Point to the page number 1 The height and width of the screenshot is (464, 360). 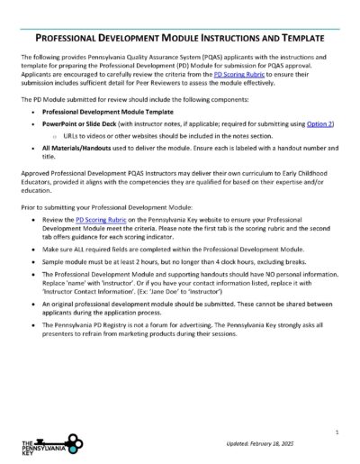click(x=336, y=432)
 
